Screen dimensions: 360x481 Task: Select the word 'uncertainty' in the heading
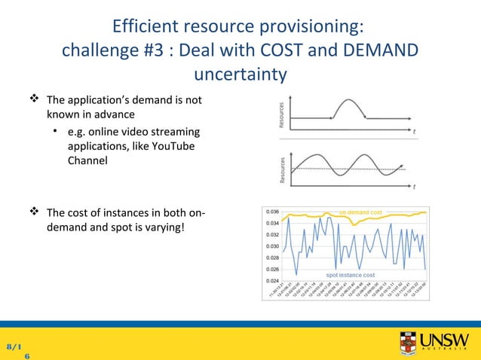point(240,75)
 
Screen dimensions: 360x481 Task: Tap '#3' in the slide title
point(154,51)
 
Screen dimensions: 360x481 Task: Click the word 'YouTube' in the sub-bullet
point(167,146)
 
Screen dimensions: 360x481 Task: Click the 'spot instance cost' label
point(351,275)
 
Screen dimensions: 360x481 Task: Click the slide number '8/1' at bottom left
point(14,346)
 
